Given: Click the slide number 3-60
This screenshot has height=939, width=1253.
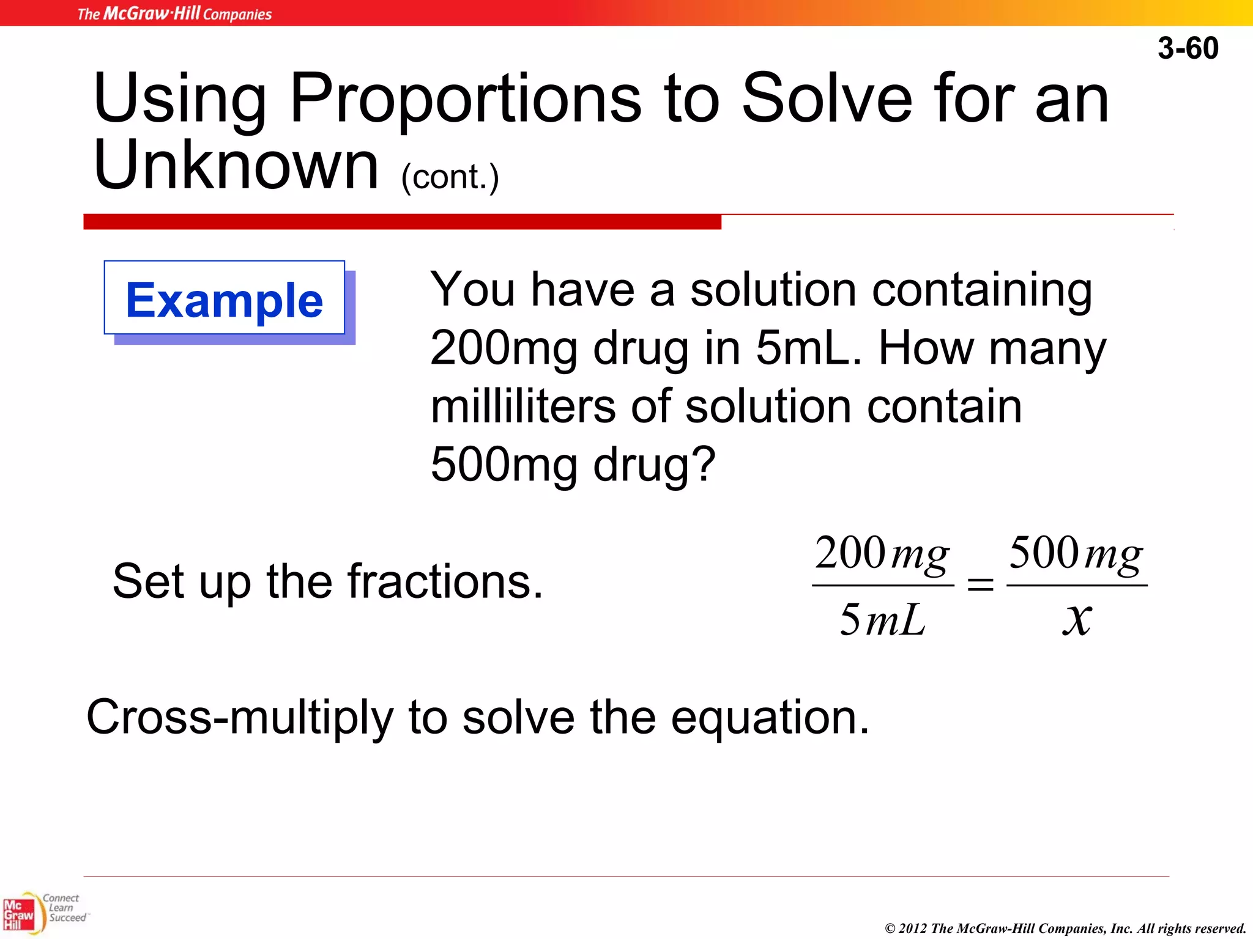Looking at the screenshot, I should point(1188,48).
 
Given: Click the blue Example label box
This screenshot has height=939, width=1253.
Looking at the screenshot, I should point(225,299).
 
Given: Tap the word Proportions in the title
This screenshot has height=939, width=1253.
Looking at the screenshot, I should point(466,98).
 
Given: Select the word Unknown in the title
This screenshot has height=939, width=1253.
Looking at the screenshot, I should point(236,165).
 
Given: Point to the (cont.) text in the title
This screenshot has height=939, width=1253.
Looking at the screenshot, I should point(450,177).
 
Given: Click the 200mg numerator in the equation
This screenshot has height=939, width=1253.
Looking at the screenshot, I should point(882,554).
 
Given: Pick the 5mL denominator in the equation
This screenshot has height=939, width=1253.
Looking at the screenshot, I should point(882,620).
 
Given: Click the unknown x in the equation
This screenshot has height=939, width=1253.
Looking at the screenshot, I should point(1077,619).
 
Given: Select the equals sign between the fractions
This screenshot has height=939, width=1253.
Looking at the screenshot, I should point(980,585).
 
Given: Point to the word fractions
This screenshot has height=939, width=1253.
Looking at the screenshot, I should point(445,581).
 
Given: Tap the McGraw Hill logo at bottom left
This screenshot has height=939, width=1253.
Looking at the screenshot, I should point(20,915).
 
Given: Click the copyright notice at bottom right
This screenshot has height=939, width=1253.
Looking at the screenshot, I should point(1065,928).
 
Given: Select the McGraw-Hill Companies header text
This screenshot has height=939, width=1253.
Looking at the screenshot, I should point(174,13).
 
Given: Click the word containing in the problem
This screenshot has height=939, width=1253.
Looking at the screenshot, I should point(982,290).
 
